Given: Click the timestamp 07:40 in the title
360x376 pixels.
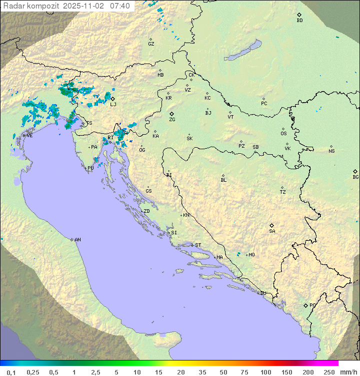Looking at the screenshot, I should [120, 6].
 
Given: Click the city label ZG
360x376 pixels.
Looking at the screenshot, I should [172, 120].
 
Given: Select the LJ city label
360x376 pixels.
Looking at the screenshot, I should [113, 104].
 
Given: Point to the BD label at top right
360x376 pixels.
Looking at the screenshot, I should [299, 21].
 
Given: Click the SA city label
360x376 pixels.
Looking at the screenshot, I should [272, 231].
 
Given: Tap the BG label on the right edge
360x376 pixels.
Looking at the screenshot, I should [355, 177].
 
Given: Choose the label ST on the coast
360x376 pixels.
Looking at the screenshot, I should [198, 245].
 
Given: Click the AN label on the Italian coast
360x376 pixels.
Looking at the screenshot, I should [77, 240].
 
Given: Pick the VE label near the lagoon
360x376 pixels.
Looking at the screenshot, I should [29, 135].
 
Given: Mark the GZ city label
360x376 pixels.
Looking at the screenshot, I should [151, 44].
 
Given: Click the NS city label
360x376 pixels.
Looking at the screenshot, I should [331, 151].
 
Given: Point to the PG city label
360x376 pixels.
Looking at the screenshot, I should [312, 305].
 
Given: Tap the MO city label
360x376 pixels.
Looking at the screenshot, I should [251, 254].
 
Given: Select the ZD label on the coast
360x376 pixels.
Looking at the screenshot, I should [146, 211].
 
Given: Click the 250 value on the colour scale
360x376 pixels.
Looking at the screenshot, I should [329, 372].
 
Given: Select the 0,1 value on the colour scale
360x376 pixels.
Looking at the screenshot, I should [11, 372].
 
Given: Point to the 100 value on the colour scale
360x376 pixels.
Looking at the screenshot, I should [265, 372].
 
